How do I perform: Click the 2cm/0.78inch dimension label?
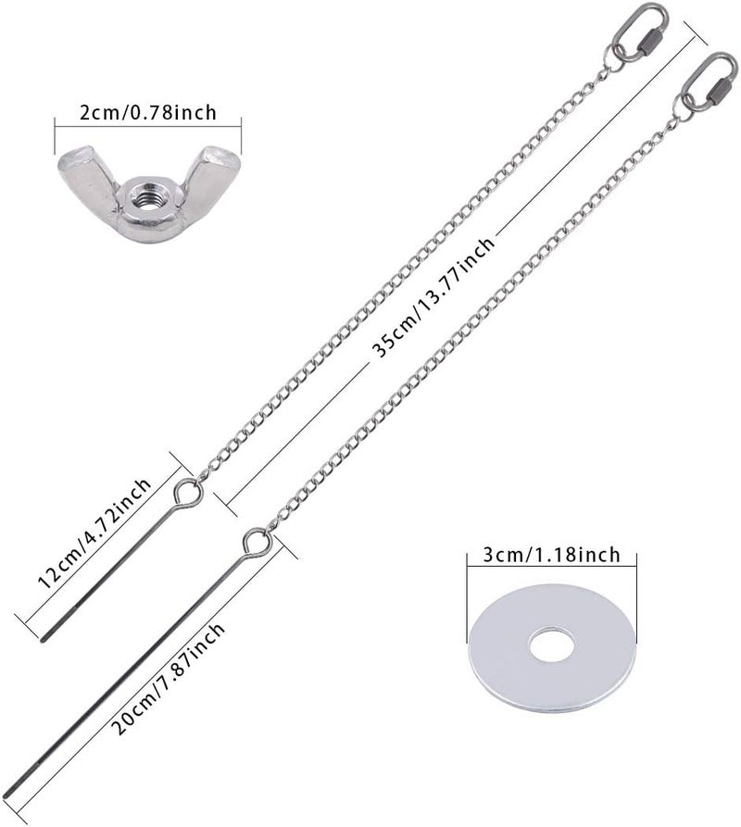(148, 112)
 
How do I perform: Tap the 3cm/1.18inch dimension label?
(552, 555)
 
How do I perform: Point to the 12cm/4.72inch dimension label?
(94, 533)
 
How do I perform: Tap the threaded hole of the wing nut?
(150, 200)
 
